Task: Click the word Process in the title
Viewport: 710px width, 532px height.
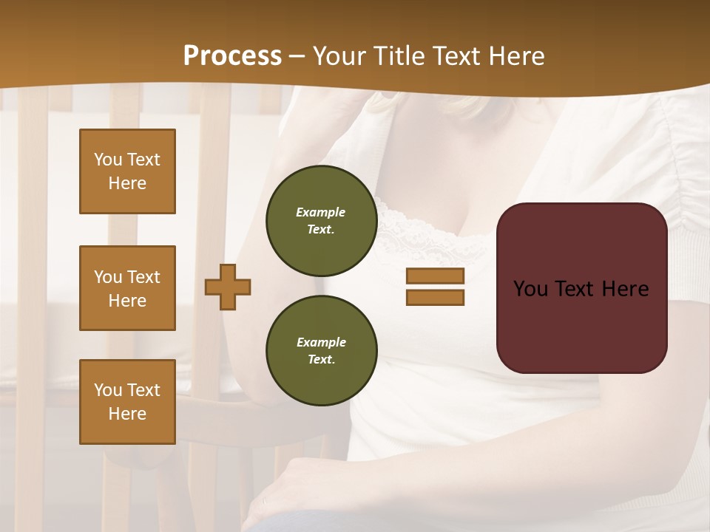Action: coord(232,56)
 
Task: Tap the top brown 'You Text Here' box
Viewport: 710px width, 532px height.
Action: coord(127,171)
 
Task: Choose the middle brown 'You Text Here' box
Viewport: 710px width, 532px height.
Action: coord(127,288)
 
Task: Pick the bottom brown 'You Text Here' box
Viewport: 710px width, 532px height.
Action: coord(127,402)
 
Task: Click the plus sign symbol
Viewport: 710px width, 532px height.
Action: coord(228,287)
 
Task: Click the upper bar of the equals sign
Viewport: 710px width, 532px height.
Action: coord(435,276)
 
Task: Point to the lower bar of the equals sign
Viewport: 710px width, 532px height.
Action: coord(435,297)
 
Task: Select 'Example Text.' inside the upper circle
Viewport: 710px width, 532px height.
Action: coord(321,220)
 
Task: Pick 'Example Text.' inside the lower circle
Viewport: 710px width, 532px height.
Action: coord(321,350)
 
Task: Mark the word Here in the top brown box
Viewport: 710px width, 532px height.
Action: coord(127,183)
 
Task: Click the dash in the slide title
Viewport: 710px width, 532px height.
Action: coord(297,56)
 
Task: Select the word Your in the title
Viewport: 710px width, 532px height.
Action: coord(338,56)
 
